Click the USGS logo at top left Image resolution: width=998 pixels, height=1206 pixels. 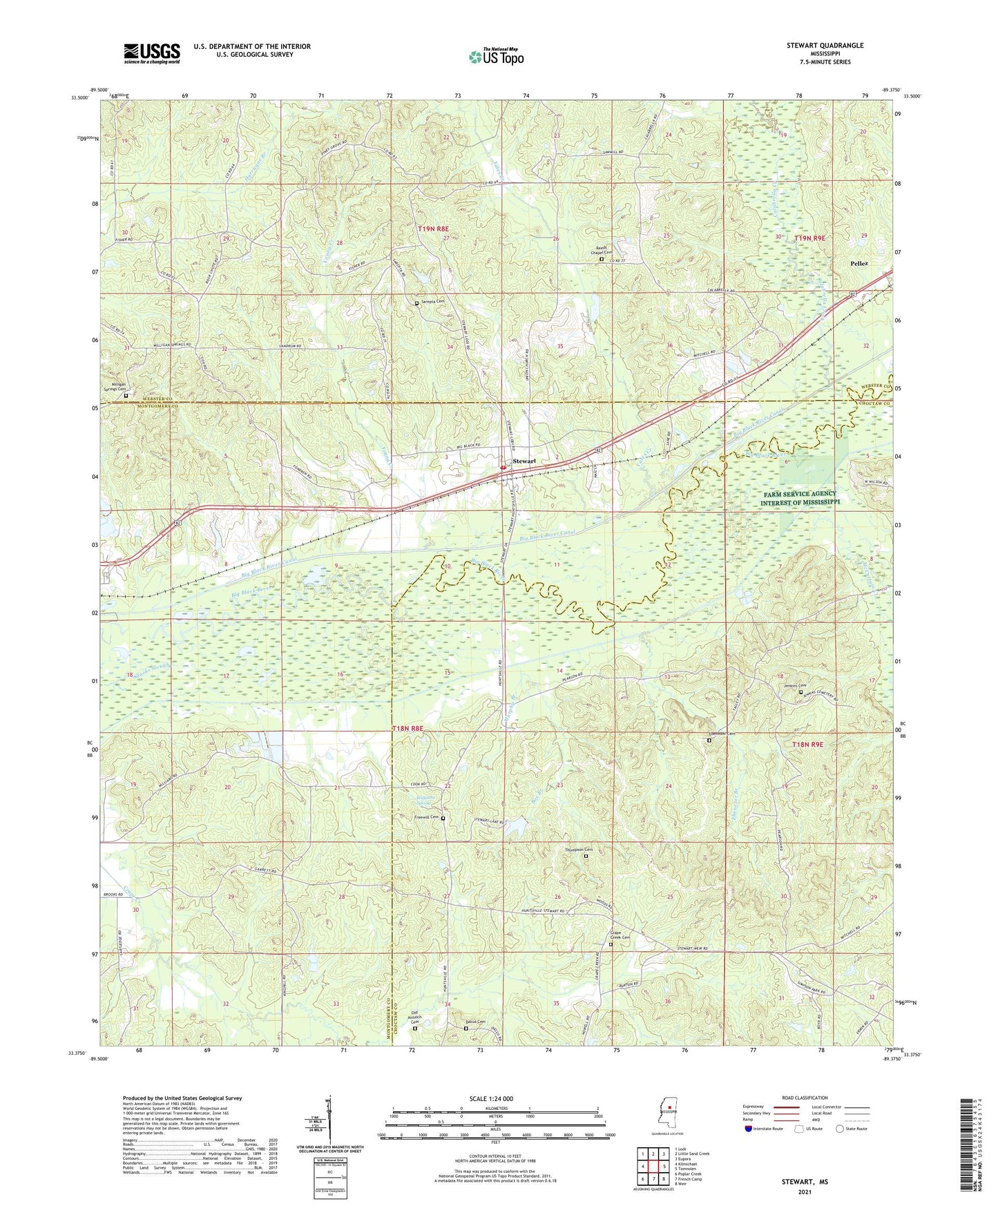pos(152,53)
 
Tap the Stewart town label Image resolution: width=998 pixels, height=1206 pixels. pos(524,461)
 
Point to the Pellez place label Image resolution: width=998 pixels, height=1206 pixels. pos(859,264)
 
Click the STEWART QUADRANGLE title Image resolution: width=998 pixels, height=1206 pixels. pos(825,46)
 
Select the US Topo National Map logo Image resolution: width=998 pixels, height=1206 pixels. pos(496,57)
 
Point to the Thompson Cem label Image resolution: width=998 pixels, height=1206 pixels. pos(579,850)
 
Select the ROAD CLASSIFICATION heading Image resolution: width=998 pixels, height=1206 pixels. pos(804,1098)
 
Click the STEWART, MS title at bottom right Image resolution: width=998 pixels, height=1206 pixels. pos(805,1181)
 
